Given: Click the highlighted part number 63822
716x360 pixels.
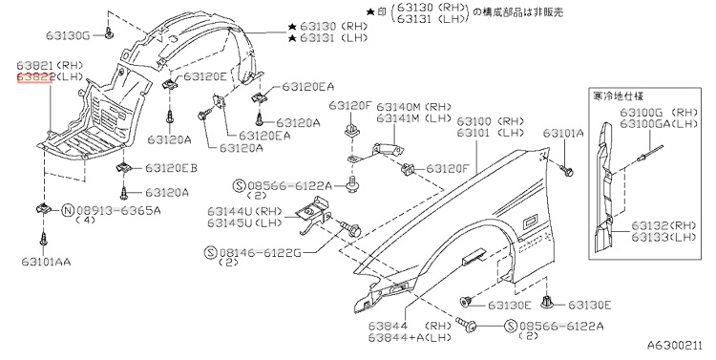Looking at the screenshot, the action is point(35,77).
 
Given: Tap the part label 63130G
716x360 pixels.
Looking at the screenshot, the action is point(68,35).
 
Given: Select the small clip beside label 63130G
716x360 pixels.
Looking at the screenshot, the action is point(108,32).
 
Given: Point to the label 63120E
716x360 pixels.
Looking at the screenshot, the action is point(204,76).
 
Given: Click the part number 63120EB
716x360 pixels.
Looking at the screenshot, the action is point(171,168).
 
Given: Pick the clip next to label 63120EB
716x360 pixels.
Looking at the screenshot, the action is point(122,167).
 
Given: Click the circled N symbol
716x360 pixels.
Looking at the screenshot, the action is point(68,211).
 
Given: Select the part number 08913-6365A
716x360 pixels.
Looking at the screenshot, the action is point(118,211).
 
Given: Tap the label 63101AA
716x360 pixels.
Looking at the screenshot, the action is point(46,262).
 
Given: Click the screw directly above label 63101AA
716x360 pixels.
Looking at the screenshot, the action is point(43,239).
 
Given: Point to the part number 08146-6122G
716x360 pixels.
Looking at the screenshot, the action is point(261,252).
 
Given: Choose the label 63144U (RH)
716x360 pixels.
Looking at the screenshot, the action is point(244,211).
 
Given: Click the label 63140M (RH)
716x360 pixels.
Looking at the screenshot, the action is point(413,106).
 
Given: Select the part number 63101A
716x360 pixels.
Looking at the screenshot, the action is point(563,133).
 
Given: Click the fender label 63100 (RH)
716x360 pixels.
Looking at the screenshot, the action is point(491,121).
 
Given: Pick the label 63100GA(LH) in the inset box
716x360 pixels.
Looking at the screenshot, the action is point(659,123).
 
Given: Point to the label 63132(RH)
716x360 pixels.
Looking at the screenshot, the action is point(663,225).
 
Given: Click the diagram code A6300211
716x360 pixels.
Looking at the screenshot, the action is point(674,346).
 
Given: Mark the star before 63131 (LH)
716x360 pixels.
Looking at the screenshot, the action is point(292,38).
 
